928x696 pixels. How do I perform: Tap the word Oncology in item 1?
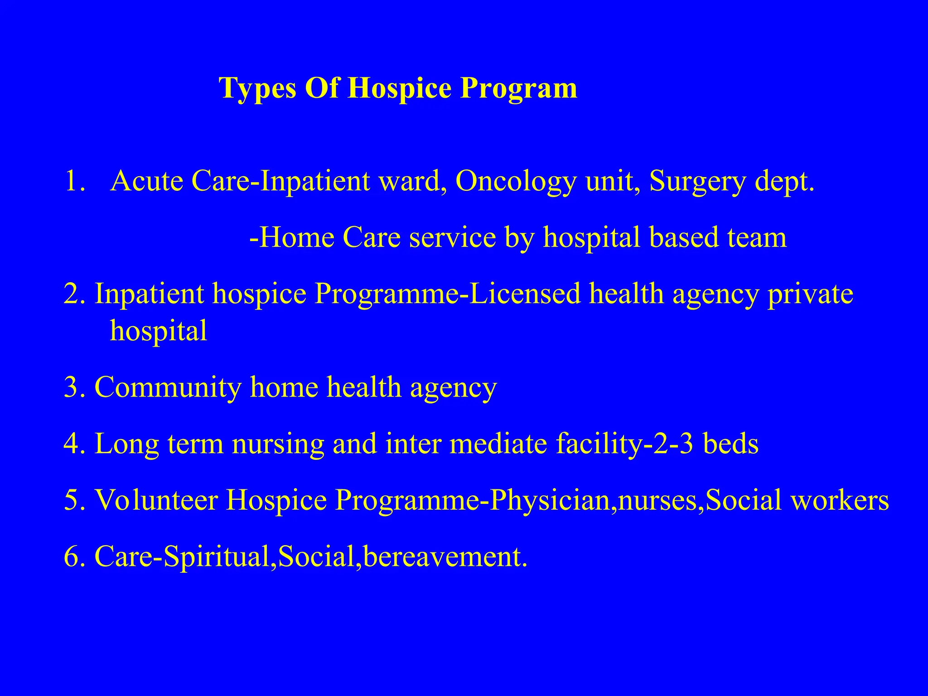[x=516, y=182]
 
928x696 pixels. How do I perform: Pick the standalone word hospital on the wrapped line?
[x=159, y=331]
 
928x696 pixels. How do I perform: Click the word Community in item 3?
[x=168, y=388]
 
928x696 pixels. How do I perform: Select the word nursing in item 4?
[x=278, y=445]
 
